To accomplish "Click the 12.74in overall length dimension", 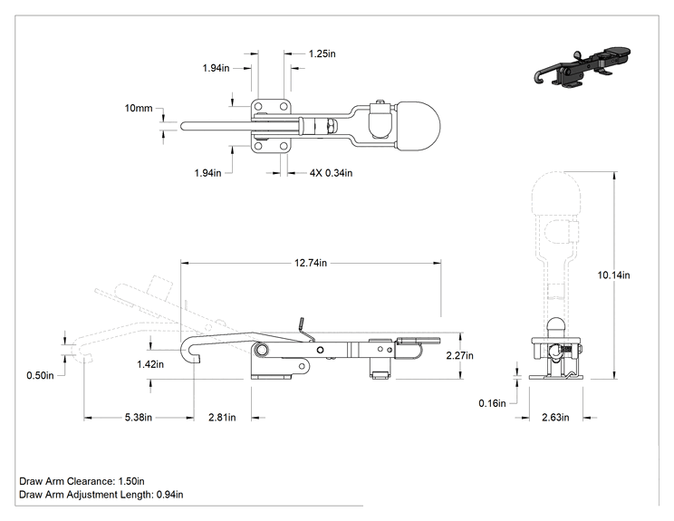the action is click(x=311, y=263).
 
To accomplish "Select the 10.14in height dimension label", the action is click(x=613, y=275).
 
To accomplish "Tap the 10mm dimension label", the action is click(x=139, y=109).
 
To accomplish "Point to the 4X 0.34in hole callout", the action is click(x=331, y=173).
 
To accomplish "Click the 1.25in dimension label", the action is click(x=322, y=53).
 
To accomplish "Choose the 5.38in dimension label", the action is click(x=139, y=418).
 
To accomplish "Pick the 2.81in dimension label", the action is click(x=222, y=418).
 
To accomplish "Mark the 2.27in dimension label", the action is click(x=459, y=355).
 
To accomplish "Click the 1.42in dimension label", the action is click(x=150, y=364).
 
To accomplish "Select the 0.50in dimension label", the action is click(x=40, y=376).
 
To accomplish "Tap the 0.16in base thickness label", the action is click(x=492, y=403).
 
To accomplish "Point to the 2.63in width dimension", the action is click(x=555, y=418).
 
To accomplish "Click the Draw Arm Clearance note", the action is click(x=82, y=481).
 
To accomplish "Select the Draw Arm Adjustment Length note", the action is click(x=101, y=495).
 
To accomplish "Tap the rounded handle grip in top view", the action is click(x=418, y=126).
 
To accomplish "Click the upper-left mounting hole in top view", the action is click(x=258, y=106).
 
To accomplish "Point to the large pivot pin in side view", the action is click(x=261, y=351).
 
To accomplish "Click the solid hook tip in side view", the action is click(x=196, y=360).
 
